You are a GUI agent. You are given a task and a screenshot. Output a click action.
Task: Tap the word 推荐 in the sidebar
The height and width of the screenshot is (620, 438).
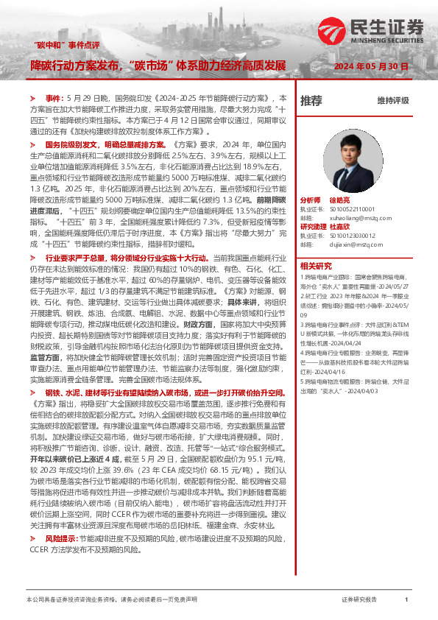[x=311, y=100]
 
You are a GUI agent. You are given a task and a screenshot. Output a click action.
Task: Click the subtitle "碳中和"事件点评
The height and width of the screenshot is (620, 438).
[x=68, y=46]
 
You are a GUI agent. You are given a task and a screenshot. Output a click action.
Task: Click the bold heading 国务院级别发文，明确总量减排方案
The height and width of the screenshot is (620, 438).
[x=110, y=145]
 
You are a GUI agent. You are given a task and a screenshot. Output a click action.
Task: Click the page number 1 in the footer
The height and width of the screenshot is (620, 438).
[x=406, y=600]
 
